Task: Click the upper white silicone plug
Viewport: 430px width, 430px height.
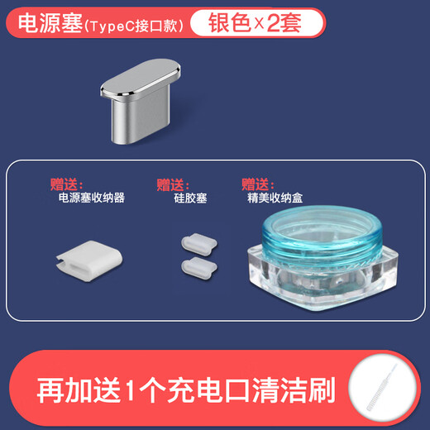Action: pos(194,244)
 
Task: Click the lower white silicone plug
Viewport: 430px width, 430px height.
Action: pos(195,267)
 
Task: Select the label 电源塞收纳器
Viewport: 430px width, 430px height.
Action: pos(91,198)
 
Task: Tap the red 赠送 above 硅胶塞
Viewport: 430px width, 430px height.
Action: pos(173,184)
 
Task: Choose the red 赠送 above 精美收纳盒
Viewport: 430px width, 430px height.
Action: pos(258,184)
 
